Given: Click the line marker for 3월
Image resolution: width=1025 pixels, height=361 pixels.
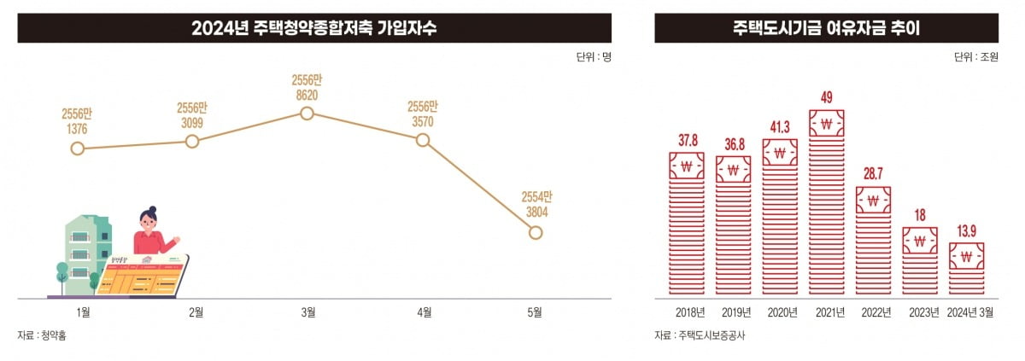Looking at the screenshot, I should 307,113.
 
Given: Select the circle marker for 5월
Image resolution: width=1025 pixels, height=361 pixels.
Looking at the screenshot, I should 536,232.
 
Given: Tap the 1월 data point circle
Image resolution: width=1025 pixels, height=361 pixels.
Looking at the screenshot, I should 78,148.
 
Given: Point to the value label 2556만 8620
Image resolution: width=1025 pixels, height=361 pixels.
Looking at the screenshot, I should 307,87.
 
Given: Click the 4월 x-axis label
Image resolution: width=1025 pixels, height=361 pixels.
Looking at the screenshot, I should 423,312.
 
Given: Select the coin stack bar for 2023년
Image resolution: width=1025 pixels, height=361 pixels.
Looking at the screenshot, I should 920,262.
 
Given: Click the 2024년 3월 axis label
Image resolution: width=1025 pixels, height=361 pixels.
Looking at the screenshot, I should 970,312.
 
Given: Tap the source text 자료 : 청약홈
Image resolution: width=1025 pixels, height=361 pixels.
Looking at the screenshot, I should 42,335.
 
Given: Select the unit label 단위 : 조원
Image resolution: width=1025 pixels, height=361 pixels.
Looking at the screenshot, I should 975,57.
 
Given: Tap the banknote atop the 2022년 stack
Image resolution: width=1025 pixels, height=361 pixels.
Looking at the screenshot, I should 873,201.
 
